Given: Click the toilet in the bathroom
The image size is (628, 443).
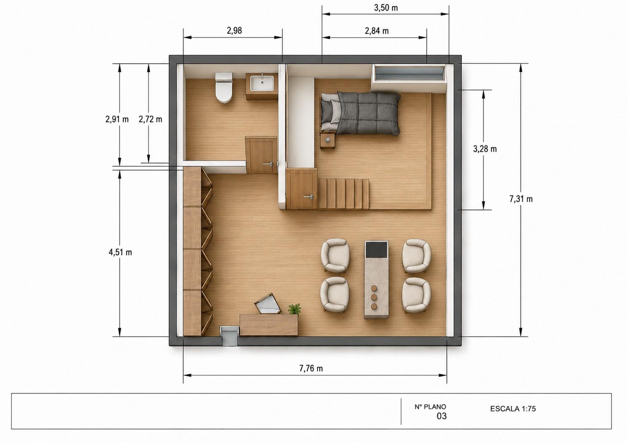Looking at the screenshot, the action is (x=224, y=87).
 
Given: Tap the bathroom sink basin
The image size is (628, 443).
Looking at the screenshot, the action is (x=262, y=83).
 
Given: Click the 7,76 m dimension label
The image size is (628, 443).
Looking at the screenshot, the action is (x=311, y=368).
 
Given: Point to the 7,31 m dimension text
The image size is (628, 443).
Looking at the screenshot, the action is (x=521, y=199).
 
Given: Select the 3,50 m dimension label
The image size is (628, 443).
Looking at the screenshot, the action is (x=386, y=8).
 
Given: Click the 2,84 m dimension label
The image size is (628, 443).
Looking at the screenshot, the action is (x=377, y=31).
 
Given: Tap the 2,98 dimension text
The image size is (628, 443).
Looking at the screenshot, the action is (x=234, y=31).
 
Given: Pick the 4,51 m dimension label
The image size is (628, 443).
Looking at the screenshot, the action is (x=120, y=252).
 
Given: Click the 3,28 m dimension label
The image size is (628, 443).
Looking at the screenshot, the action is (x=485, y=149).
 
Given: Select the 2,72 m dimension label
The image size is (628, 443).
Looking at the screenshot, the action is (x=150, y=119).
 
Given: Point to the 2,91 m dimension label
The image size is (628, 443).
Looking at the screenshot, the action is (x=117, y=119).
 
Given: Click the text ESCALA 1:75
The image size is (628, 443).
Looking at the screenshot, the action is (x=513, y=409).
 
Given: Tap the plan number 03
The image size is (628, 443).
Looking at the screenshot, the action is (x=442, y=417).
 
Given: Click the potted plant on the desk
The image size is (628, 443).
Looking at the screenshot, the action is (x=295, y=310).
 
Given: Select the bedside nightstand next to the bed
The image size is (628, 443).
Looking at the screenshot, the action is (x=328, y=141).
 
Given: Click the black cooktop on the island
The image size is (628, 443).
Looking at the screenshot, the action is (x=377, y=250).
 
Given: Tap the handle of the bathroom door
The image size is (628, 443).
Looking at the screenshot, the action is (x=268, y=164).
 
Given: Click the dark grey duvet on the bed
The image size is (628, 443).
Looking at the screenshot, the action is (x=369, y=113).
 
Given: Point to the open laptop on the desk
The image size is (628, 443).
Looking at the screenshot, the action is (x=267, y=303).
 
